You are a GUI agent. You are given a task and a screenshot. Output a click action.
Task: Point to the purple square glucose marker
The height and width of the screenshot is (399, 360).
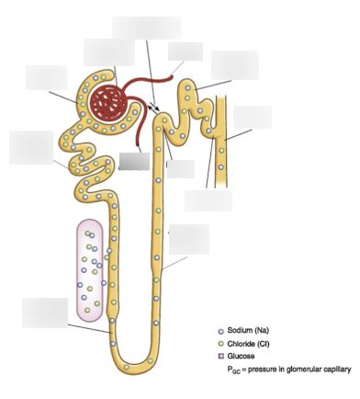click(x=220, y=356)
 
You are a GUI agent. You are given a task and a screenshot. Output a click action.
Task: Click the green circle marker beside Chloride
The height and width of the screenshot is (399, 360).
click(x=220, y=343)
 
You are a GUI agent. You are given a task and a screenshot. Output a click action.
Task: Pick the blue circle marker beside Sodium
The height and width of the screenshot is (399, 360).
click(x=220, y=330)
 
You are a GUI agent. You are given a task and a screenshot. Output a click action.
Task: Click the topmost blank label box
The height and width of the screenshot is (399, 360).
click(x=146, y=28)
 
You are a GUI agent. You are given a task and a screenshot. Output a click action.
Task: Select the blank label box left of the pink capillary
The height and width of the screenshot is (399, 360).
click(x=44, y=312)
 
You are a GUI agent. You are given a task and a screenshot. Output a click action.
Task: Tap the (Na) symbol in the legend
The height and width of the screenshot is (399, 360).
click(x=270, y=330)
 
